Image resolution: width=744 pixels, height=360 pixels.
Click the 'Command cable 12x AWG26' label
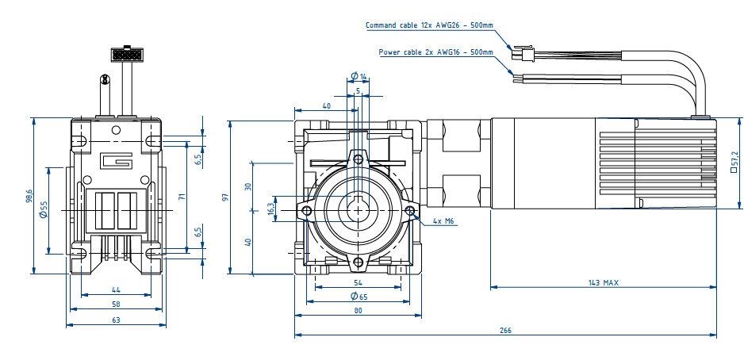pos(429,25)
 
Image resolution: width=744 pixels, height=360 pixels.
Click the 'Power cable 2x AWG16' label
pos(435,52)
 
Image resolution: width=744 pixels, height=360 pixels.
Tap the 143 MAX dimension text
pos(603,282)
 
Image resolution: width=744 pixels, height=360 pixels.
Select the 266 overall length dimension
pos(505,330)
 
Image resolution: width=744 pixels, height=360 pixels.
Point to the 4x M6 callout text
pos(444,221)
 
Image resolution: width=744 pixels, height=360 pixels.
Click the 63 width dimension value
pos(116,320)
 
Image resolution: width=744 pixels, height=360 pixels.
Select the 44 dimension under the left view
pos(116,290)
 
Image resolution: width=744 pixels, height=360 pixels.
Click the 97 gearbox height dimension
pos(224,197)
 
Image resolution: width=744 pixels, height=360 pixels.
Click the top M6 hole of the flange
pos(359,160)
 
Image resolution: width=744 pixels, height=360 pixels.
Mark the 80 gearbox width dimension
pos(358,311)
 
